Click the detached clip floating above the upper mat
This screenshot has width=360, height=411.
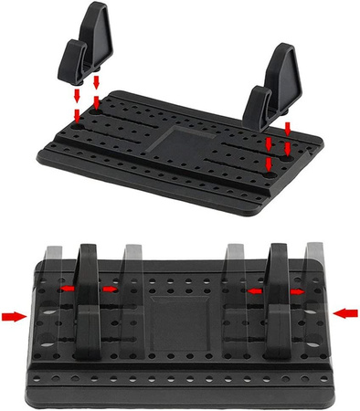[89, 46]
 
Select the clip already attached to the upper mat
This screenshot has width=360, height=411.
[274, 91]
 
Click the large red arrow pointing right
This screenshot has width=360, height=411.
[14, 316]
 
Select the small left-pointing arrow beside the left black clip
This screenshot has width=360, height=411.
[66, 288]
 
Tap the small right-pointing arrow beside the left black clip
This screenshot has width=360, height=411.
[110, 289]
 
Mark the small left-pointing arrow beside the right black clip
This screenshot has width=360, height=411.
[255, 289]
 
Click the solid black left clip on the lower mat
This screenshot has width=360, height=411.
[89, 301]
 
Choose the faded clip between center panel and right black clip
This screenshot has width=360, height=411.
[233, 274]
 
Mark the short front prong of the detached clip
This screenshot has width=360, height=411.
[73, 64]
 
